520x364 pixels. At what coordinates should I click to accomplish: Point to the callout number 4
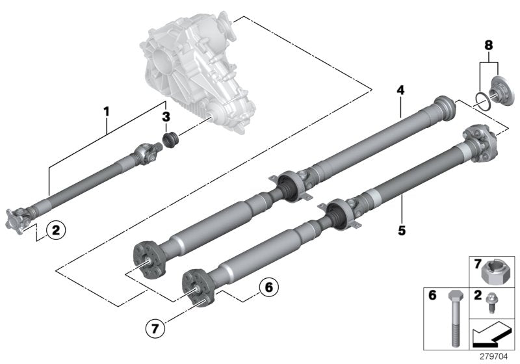point(401,90)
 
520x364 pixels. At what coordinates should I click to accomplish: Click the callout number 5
point(402,229)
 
